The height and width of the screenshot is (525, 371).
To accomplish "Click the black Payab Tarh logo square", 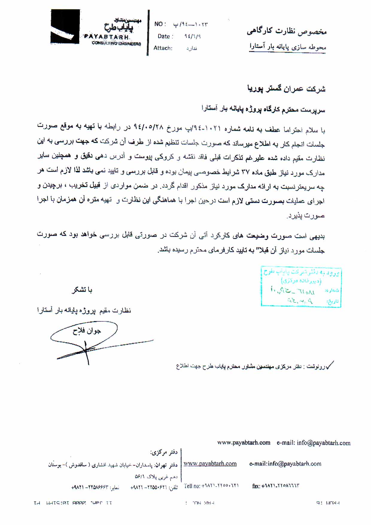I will tap(65, 27).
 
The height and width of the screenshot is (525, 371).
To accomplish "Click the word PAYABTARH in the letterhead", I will tap(107, 37).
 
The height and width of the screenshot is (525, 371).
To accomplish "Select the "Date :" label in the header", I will tap(165, 36).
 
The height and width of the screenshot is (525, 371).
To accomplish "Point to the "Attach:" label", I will tap(163, 48).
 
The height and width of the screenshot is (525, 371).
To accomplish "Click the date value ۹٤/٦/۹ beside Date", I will tap(192, 36).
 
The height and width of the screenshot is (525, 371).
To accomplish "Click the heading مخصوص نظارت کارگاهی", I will tap(286, 31).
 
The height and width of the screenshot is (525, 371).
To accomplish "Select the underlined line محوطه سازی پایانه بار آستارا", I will tap(288, 47).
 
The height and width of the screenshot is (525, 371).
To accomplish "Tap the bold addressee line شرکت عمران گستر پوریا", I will tap(286, 89).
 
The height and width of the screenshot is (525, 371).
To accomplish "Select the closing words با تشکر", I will tap(82, 290).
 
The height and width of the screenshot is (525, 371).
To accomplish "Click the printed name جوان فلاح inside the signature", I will tap(86, 331).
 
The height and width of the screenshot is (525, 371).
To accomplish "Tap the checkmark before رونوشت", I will tap(330, 365).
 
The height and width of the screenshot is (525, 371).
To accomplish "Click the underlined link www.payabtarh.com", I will tap(210, 464).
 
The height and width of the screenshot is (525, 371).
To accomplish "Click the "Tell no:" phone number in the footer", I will tap(211, 486).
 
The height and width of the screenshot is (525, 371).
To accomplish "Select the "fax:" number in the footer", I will tap(276, 486).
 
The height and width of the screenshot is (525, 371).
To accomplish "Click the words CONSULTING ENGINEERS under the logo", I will tap(116, 43).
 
